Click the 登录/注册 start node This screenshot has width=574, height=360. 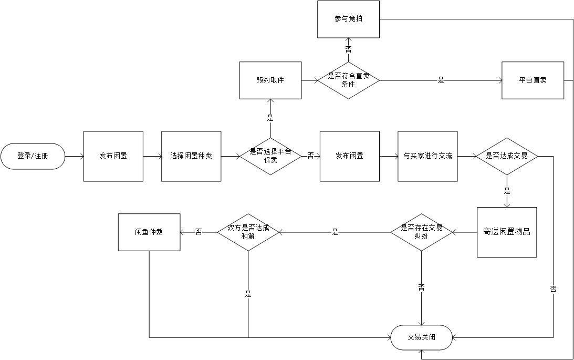[33, 156]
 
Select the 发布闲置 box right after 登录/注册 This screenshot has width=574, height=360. [113, 156]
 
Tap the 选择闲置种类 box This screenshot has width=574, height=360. [191, 156]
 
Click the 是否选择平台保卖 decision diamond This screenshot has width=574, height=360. [270, 156]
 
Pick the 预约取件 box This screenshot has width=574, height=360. [270, 80]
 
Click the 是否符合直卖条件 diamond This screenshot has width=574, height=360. [348, 80]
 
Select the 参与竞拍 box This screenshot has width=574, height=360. [348, 19]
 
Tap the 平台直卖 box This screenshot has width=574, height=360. [533, 80]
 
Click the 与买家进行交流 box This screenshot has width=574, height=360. [427, 156]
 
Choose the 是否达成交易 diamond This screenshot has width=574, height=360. [507, 156]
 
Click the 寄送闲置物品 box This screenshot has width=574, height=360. [506, 232]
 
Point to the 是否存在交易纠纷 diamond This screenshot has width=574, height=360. [421, 232]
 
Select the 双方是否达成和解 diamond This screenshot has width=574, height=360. [248, 232]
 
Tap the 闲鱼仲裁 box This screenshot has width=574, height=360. [149, 232]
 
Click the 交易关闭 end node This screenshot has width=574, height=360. [421, 337]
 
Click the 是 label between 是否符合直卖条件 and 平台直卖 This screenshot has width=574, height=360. [441, 80]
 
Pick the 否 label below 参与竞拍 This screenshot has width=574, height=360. [348, 49]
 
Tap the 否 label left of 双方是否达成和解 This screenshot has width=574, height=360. [199, 232]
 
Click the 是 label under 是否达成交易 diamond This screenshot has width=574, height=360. [507, 190]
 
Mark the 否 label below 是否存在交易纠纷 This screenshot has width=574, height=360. [421, 287]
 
